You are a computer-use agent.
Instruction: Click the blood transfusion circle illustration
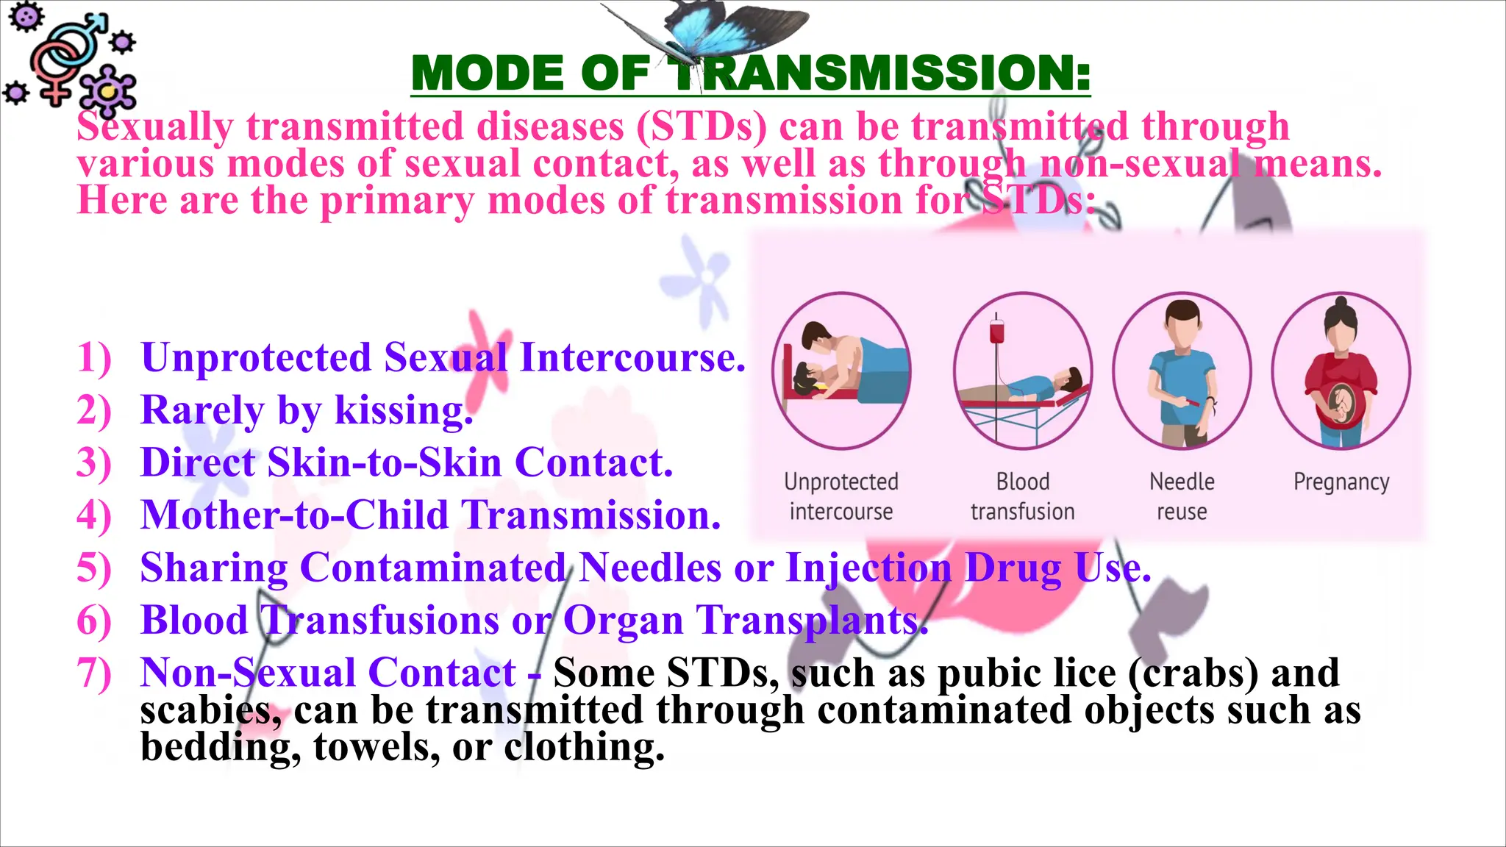pyautogui.click(x=1022, y=371)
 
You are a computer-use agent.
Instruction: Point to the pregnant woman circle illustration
pyautogui.click(x=1341, y=371)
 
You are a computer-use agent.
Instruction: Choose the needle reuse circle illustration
pyautogui.click(x=1182, y=371)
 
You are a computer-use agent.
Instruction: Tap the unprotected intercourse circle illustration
pyautogui.click(x=841, y=371)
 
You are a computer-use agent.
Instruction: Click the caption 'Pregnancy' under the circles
pyautogui.click(x=1341, y=482)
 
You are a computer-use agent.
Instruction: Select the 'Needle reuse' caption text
pyautogui.click(x=1182, y=496)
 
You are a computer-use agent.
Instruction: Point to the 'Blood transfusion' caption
pyautogui.click(x=1022, y=496)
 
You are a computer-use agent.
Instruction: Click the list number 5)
pyautogui.click(x=94, y=568)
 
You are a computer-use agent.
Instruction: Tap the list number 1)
pyautogui.click(x=94, y=358)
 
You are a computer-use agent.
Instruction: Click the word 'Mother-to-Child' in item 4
pyautogui.click(x=294, y=515)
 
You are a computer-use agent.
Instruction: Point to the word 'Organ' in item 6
pyautogui.click(x=623, y=621)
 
